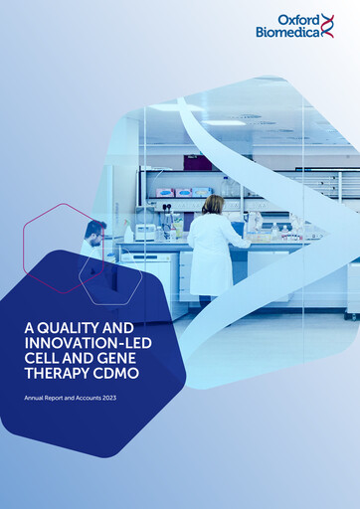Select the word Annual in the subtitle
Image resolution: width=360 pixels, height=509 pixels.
(x=35, y=398)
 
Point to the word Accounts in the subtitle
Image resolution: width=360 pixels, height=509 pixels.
(x=86, y=398)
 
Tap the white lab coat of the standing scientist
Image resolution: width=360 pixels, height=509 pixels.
(x=213, y=249)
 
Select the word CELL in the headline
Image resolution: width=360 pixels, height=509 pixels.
(x=44, y=361)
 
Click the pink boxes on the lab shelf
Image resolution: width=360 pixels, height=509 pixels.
(x=183, y=192)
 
